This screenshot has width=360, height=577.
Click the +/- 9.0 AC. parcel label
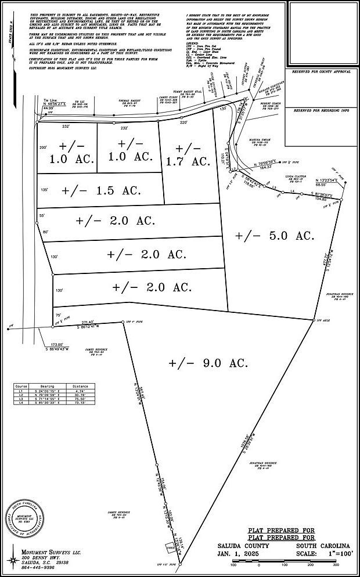coord(208,363)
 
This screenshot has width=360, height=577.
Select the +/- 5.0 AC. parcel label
coord(275,236)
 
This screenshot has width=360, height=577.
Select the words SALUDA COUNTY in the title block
coord(243,546)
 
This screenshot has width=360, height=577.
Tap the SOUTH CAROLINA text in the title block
coord(322,546)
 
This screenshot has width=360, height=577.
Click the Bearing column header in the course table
coord(47,386)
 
